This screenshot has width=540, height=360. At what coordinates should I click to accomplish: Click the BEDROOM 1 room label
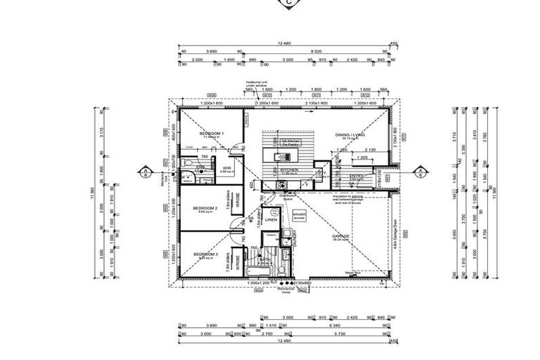click(211, 133)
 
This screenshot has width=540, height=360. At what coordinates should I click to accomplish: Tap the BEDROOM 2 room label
click(205, 209)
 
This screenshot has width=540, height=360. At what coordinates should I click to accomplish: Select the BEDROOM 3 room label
click(205, 253)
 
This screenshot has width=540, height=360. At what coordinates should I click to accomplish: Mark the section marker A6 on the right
click(420, 171)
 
